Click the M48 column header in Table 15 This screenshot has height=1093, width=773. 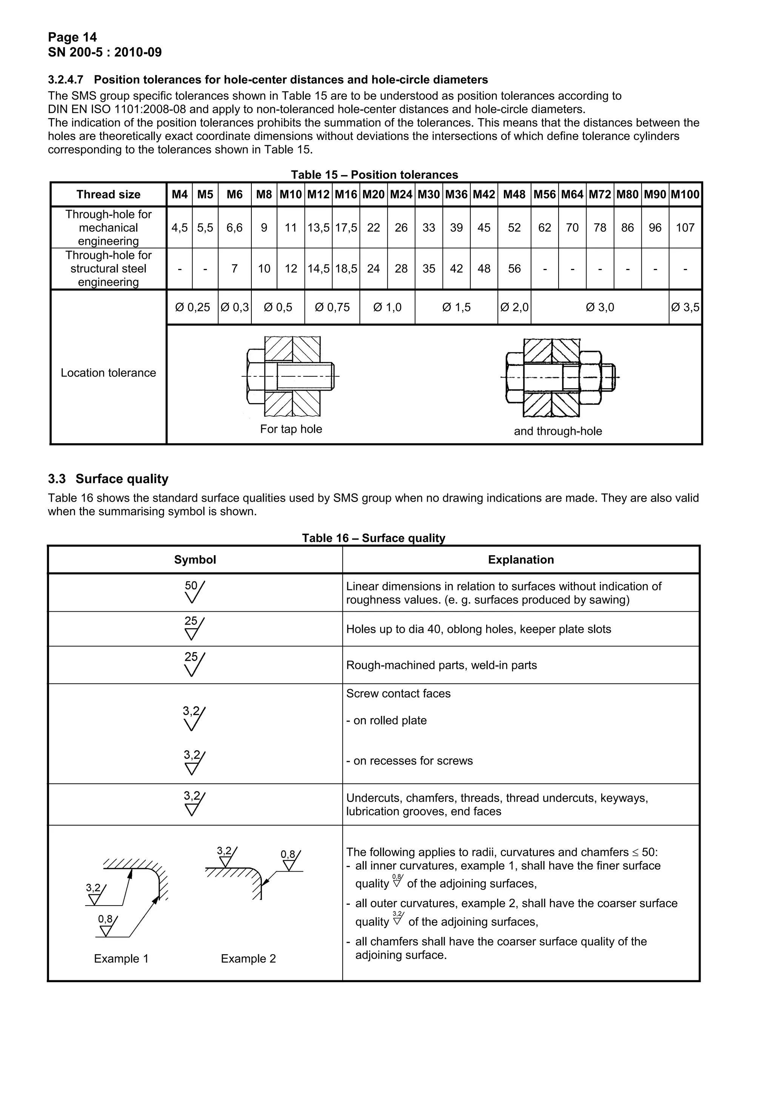point(514,194)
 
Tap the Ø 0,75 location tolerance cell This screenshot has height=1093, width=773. point(332,307)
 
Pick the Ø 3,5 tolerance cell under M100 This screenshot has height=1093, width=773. point(685,307)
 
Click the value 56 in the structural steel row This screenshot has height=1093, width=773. point(514,269)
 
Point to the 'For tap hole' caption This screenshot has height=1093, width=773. point(291,429)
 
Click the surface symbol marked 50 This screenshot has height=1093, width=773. point(194,592)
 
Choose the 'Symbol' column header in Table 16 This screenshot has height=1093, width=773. point(195,559)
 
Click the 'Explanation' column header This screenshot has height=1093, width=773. point(520,559)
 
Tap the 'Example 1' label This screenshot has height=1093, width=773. point(121,958)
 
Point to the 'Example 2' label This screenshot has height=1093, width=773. point(248,958)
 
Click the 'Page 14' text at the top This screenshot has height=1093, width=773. point(72,37)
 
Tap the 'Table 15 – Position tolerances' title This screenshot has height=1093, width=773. point(374,175)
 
